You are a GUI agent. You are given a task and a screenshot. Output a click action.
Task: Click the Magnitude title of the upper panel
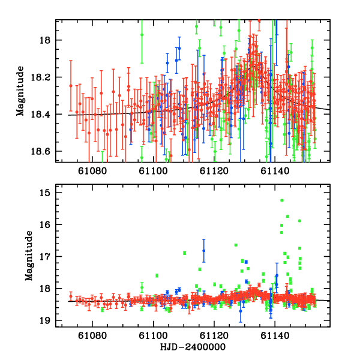coord(20,91)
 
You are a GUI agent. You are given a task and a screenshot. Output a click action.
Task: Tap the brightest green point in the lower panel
coord(282,200)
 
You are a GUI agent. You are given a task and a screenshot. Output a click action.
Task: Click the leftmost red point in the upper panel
coord(71,86)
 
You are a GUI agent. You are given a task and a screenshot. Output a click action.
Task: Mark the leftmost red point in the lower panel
coord(71,296)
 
